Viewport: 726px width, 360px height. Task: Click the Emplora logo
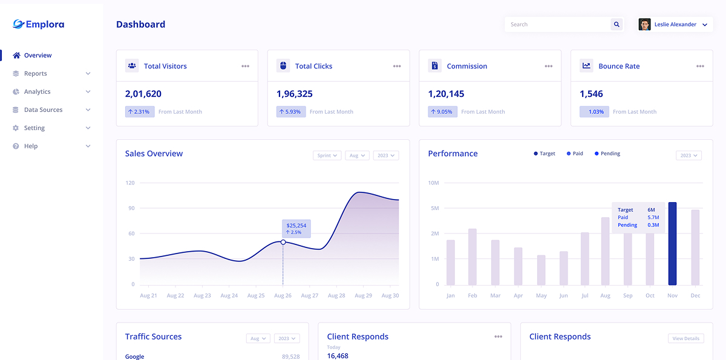(38, 24)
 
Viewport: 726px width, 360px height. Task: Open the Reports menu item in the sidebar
(35, 74)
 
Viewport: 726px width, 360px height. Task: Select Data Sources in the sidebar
(43, 110)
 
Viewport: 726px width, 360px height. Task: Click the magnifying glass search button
(616, 25)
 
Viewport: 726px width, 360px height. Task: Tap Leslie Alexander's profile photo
(644, 25)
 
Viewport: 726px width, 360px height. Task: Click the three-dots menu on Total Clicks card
(397, 67)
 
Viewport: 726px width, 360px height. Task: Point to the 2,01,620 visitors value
(143, 94)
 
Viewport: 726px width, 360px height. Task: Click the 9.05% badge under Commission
(442, 112)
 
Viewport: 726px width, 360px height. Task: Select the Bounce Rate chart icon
(586, 66)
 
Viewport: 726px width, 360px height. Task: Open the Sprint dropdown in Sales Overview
(327, 155)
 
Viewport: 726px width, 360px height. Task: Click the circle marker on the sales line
(283, 242)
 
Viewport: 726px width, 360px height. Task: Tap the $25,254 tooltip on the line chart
(296, 229)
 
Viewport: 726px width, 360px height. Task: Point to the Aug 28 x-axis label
(336, 296)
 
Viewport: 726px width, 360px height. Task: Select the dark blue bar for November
(672, 244)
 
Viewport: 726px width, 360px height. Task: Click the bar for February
(473, 257)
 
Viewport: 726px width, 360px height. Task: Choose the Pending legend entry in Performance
(607, 154)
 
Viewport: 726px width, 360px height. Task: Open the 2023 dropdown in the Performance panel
(688, 155)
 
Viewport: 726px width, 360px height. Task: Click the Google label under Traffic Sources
(134, 356)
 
